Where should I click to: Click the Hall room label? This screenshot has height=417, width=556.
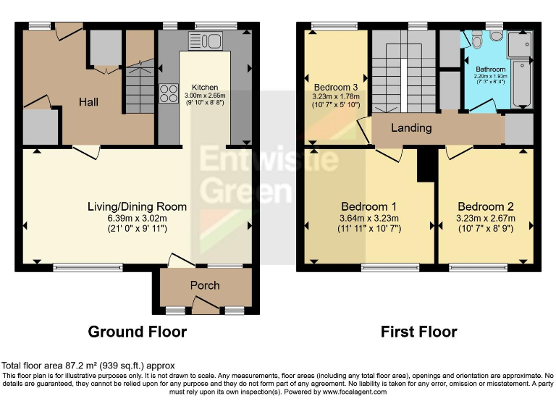88,102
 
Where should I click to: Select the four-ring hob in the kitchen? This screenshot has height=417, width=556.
169,93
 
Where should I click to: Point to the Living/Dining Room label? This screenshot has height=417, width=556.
137,206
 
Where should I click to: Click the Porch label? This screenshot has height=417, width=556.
205,285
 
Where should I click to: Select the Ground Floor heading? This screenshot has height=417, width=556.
137,332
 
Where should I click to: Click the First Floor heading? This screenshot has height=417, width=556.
419,332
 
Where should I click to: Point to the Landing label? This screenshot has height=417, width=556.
411,127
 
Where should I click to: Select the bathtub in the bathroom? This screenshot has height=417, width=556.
521,70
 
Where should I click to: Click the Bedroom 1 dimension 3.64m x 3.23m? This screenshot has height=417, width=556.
369,219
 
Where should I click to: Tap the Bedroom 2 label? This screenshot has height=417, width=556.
486,206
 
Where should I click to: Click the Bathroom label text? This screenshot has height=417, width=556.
490,69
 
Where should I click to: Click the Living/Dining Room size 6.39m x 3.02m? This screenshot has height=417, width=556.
137,219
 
